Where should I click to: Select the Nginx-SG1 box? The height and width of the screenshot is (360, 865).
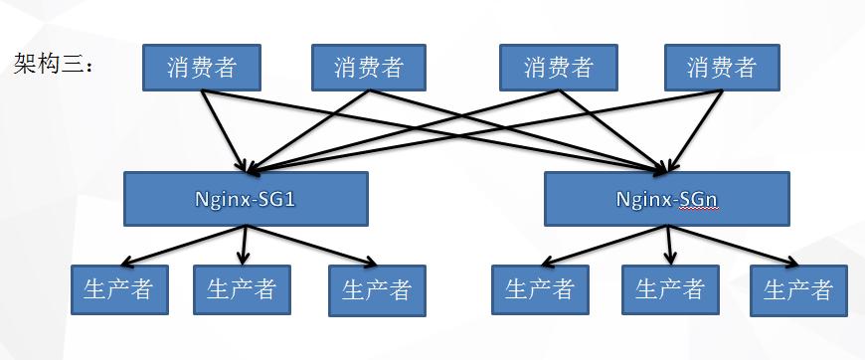pyautogui.click(x=246, y=198)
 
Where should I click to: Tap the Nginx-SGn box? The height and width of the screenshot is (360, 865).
pyautogui.click(x=667, y=198)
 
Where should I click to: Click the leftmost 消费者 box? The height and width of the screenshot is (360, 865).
pyautogui.click(x=202, y=68)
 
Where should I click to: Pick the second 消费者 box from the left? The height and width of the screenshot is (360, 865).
pyautogui.click(x=369, y=68)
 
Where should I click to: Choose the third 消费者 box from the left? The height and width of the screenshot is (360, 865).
pyautogui.click(x=559, y=68)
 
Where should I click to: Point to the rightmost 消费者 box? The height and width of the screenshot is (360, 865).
pyautogui.click(x=722, y=68)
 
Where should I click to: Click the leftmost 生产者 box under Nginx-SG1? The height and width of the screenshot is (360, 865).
pyautogui.click(x=118, y=289)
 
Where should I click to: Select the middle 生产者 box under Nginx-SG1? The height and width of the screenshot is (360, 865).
pyautogui.click(x=242, y=289)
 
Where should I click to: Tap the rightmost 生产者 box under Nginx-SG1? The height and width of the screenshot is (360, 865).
pyautogui.click(x=377, y=290)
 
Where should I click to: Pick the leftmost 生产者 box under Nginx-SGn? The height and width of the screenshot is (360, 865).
pyautogui.click(x=540, y=289)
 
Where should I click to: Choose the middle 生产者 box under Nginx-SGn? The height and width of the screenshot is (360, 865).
pyautogui.click(x=669, y=289)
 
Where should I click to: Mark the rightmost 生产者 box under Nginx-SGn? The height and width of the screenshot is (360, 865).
pyautogui.click(x=798, y=290)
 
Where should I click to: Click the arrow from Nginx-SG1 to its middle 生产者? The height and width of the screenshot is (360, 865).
pyautogui.click(x=244, y=244)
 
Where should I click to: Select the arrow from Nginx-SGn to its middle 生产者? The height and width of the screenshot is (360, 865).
pyautogui.click(x=668, y=244)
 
